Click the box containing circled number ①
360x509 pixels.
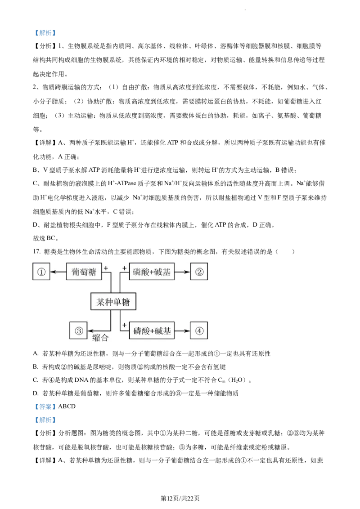click(41, 272)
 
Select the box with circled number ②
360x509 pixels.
click(199, 272)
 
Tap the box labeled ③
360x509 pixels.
click(78, 331)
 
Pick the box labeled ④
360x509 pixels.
click(199, 331)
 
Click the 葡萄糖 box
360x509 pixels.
click(84, 272)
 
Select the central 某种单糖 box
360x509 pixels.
click(113, 302)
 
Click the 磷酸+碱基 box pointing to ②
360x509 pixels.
click(152, 272)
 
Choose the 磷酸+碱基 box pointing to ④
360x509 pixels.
click(152, 331)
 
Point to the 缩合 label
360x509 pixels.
click(100, 338)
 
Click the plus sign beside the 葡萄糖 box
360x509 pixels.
click(106, 268)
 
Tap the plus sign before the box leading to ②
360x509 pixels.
click(124, 268)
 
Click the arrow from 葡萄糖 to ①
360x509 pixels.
click(58, 272)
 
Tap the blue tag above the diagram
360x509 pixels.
click(45, 33)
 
